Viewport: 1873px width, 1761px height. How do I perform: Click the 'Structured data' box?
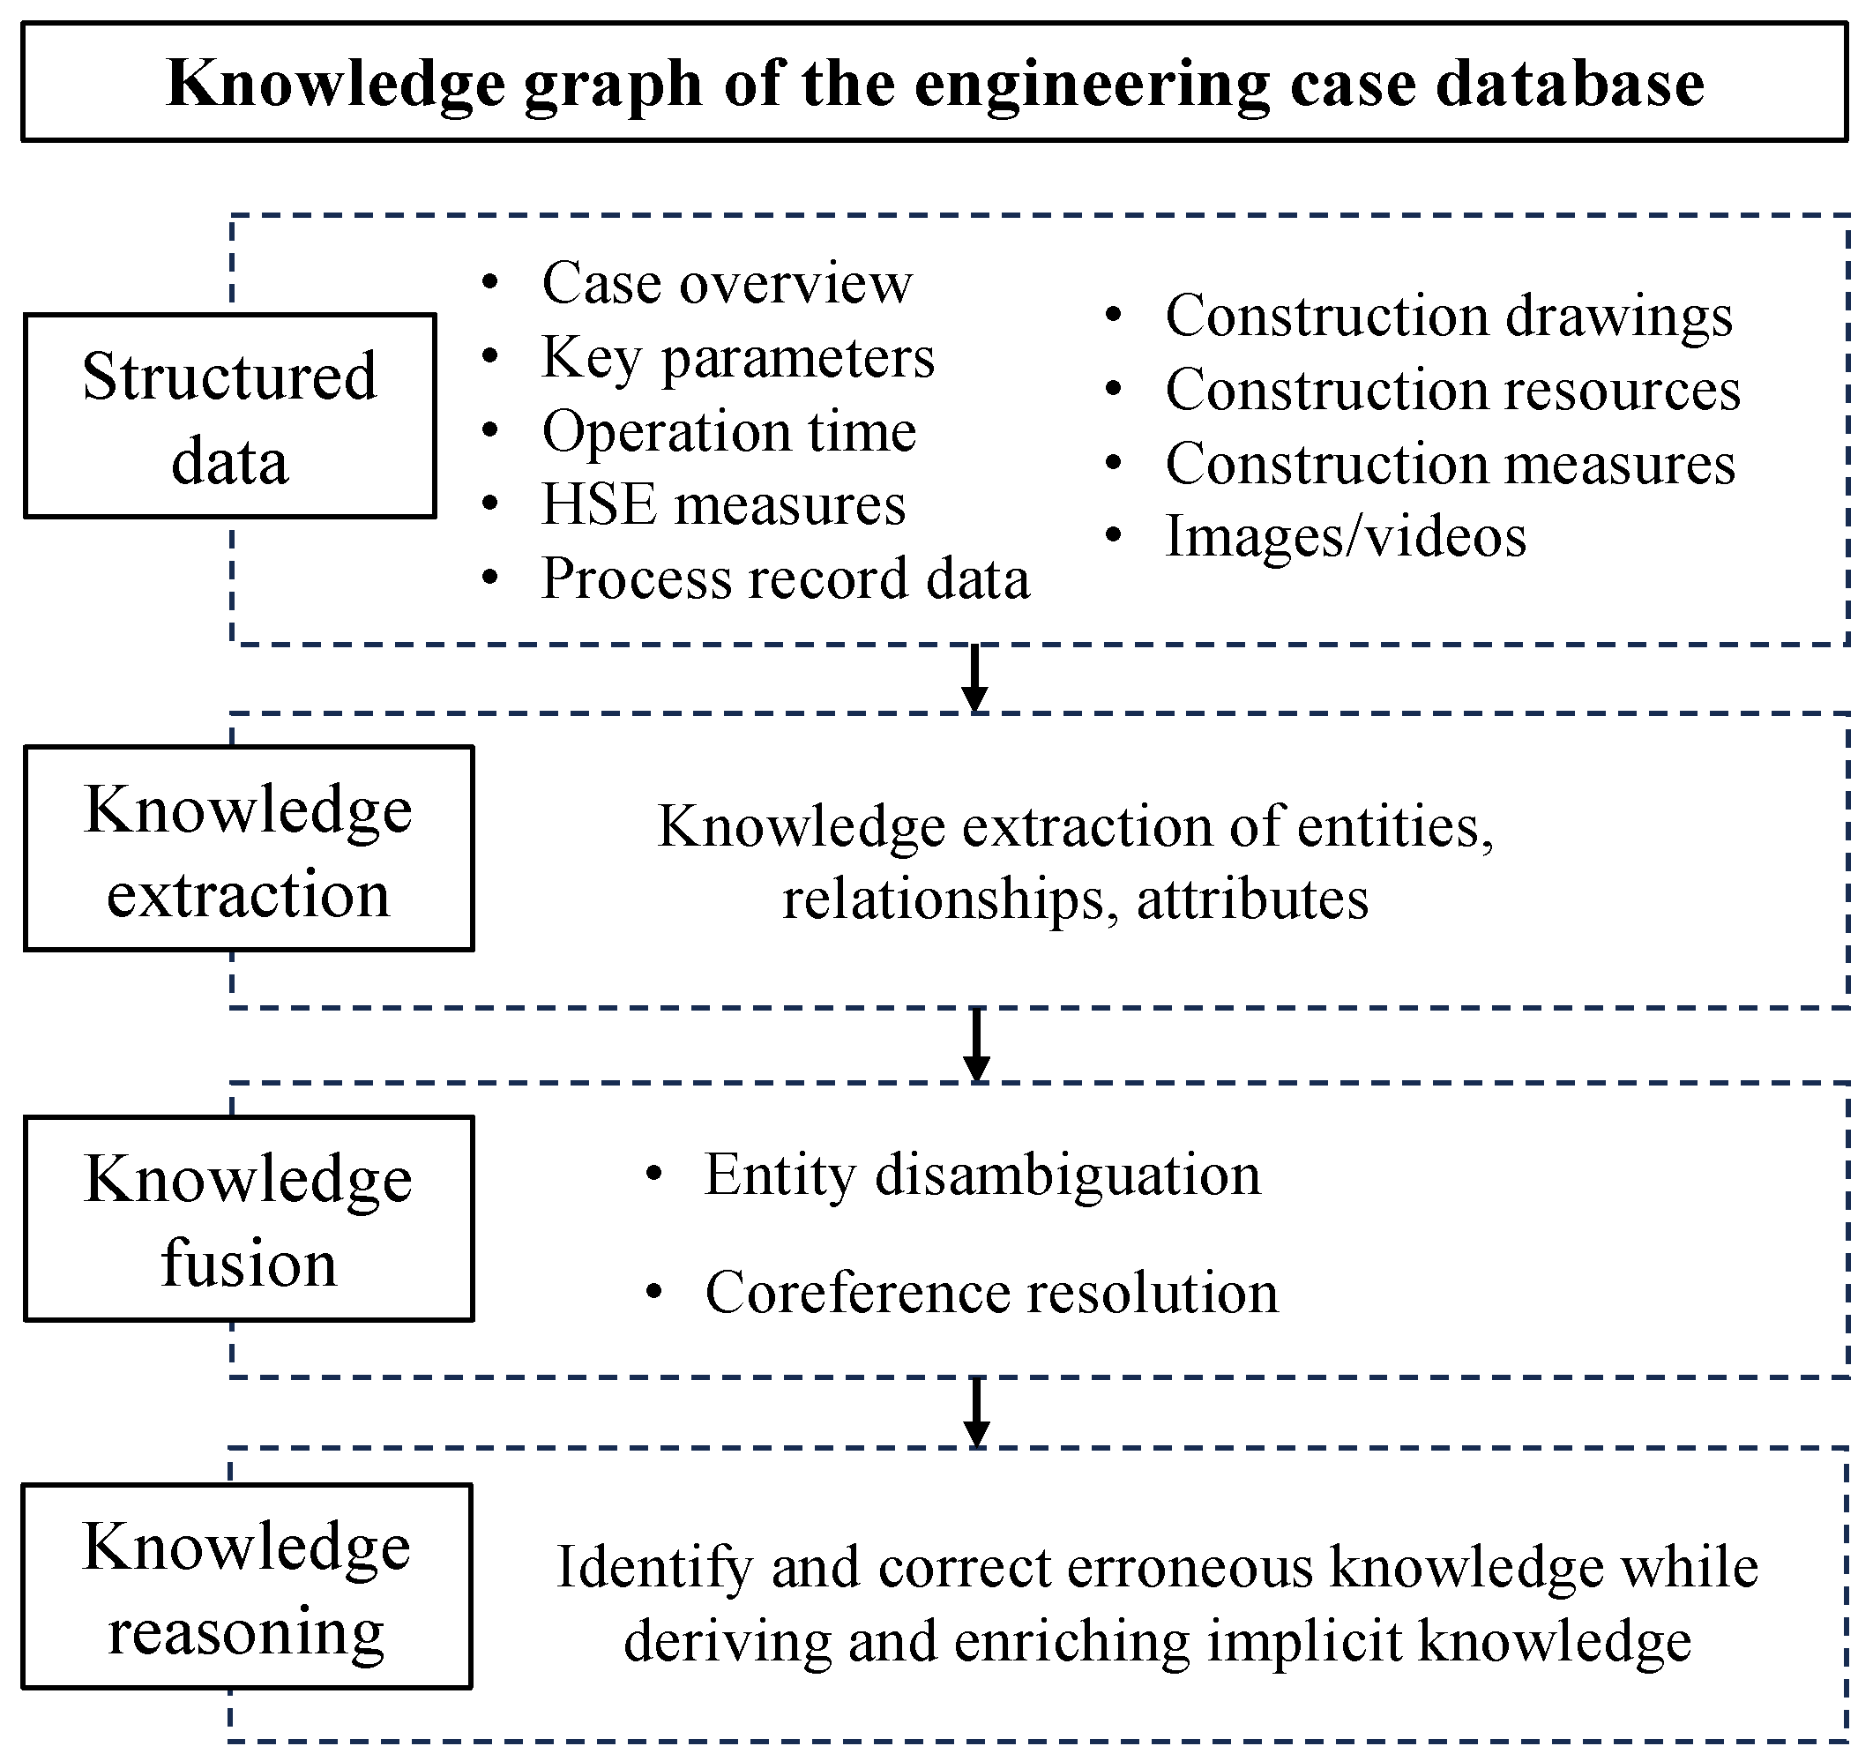point(229,415)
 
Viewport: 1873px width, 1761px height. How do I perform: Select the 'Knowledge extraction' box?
point(248,848)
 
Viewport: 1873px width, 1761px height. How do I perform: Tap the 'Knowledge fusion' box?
point(248,1219)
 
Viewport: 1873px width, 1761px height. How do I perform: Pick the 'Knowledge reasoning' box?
point(246,1586)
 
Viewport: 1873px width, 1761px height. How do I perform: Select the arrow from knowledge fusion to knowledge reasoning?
point(977,1412)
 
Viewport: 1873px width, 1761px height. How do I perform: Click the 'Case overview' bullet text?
point(727,283)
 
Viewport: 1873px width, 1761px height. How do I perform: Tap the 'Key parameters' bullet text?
point(738,357)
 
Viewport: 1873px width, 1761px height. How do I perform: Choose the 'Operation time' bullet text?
point(728,431)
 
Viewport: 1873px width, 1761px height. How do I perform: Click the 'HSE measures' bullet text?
point(722,505)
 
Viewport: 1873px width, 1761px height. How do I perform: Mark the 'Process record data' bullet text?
point(785,578)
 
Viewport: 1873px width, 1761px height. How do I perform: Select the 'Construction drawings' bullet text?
point(1448,316)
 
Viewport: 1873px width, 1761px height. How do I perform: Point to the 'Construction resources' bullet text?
point(1451,390)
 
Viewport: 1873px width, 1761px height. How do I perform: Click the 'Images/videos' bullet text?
point(1345,537)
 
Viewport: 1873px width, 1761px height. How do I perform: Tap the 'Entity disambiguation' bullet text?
point(981,1175)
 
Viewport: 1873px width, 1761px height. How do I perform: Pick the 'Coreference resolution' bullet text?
point(991,1292)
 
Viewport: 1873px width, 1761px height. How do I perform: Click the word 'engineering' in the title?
point(1092,85)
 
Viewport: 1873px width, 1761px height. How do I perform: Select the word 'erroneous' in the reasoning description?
point(1189,1568)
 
